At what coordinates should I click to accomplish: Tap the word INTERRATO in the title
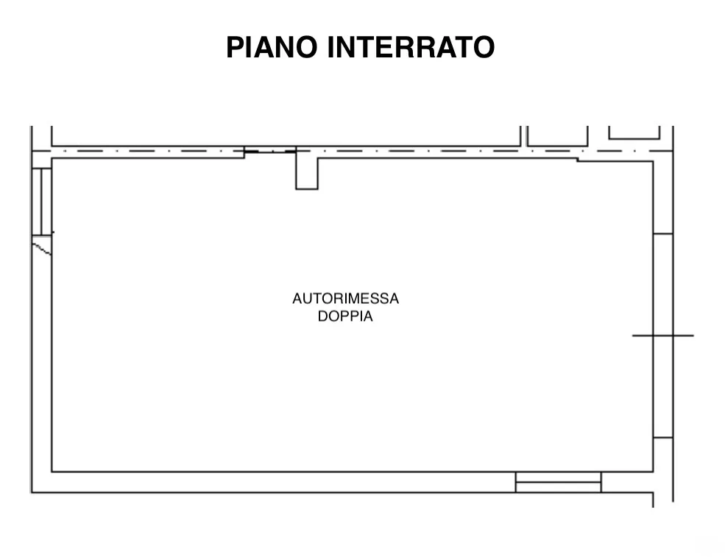coord(411,47)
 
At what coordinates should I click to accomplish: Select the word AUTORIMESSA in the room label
coord(345,299)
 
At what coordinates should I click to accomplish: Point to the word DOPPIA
coord(345,316)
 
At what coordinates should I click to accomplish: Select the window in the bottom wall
coord(558,482)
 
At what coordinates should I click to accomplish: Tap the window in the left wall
coord(42,202)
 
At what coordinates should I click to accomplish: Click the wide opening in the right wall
coord(663,335)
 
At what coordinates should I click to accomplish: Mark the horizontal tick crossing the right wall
coord(663,335)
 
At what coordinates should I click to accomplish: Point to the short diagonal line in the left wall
coord(42,249)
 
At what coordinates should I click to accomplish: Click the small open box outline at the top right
coord(634,133)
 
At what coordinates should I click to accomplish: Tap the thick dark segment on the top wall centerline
coord(251,151)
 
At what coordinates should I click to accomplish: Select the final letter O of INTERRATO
coord(484,47)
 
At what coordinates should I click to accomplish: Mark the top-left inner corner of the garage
coord(52,158)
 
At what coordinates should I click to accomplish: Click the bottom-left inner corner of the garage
coord(52,472)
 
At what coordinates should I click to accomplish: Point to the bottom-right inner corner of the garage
coord(653,472)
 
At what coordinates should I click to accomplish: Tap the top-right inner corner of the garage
coord(653,161)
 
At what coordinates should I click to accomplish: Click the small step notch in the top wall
coord(578,160)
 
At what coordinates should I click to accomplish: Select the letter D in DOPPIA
coord(322,316)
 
